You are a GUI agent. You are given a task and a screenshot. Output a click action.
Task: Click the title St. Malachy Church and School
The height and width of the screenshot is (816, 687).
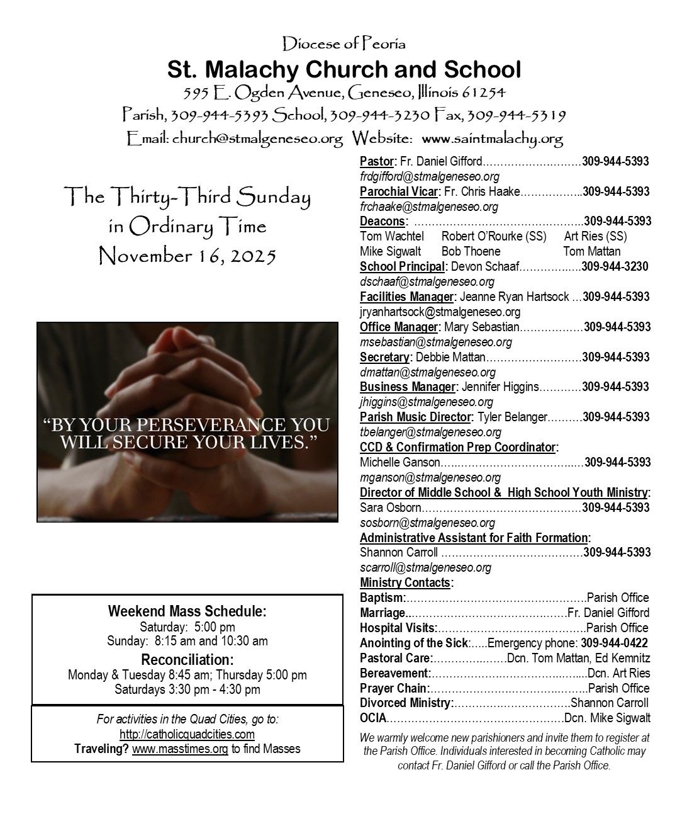point(343,69)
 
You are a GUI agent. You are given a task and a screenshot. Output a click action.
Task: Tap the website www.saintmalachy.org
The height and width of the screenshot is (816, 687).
point(492,138)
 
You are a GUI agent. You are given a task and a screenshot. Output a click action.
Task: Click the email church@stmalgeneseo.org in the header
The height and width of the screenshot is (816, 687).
point(257,138)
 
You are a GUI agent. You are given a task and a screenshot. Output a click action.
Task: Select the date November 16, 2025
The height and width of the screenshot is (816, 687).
point(187,256)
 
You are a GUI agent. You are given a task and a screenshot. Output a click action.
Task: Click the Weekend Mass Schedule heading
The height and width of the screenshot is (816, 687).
point(187,611)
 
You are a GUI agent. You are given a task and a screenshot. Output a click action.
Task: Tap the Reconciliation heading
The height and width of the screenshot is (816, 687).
point(187,660)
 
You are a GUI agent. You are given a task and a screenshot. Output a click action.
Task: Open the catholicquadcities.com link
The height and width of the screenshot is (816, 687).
point(187,734)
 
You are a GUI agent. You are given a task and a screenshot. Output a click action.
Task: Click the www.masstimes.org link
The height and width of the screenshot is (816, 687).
point(180,749)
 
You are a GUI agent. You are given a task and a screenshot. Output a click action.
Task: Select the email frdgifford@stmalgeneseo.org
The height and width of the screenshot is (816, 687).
point(430,176)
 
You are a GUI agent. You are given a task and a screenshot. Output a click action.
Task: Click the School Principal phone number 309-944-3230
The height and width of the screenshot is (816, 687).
point(615,266)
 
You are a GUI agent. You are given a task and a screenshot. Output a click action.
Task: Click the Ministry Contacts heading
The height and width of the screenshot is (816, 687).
point(405,582)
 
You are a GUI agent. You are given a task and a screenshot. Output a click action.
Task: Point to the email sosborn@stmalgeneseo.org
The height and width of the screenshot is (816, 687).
point(427,523)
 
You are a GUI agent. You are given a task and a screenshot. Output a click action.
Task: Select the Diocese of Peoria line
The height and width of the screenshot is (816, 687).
point(343,43)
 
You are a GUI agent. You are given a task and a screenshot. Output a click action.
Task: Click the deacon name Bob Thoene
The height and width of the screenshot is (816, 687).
point(471,251)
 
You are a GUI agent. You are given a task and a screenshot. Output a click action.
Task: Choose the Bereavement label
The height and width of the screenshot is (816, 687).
point(394,673)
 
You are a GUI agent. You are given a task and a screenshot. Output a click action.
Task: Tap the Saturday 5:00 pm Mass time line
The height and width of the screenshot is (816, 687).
point(187,626)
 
